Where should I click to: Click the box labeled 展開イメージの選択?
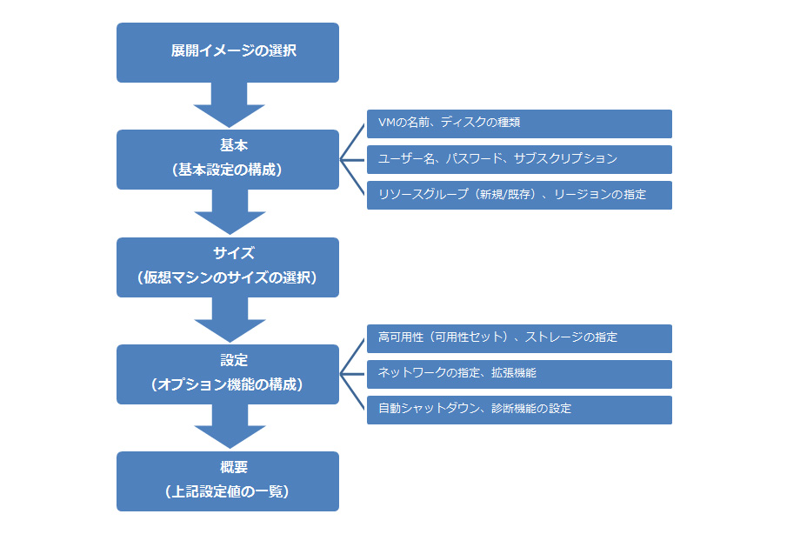coord(228,52)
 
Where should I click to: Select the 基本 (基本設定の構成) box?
coord(228,159)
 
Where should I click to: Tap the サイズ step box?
coord(228,267)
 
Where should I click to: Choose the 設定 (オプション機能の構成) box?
coord(228,374)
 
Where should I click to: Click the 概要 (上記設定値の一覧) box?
coord(228,481)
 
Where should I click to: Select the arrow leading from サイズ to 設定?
coord(229,320)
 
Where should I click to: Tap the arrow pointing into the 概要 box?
coord(229,427)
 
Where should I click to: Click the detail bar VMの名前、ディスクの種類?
coord(519,123)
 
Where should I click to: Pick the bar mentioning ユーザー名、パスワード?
coord(519,159)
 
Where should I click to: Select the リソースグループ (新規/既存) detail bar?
coord(519,195)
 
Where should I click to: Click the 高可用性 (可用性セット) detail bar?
coord(519,338)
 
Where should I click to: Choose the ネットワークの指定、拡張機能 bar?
coord(519,374)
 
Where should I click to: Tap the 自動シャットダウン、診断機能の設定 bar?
coord(519,410)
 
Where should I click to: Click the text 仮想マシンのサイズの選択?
coord(228,279)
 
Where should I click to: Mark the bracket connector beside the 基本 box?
coord(352,159)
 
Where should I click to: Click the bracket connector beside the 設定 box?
coord(352,374)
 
